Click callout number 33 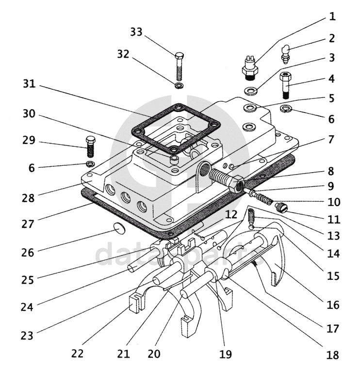pyautogui.click(x=136, y=32)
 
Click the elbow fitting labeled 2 pyautogui.click(x=286, y=53)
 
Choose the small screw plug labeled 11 pyautogui.click(x=281, y=208)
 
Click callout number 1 pyautogui.click(x=332, y=16)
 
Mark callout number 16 pyautogui.click(x=332, y=305)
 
